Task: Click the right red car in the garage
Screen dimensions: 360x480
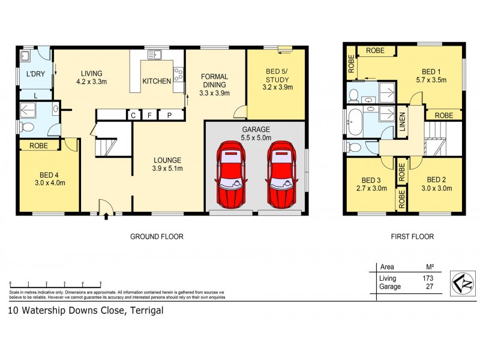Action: (281, 174)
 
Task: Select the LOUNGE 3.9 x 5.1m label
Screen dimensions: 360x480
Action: (167, 164)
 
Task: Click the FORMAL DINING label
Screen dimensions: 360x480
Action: (214, 80)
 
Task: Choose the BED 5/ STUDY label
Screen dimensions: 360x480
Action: (276, 79)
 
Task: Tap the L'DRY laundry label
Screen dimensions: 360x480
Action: (35, 74)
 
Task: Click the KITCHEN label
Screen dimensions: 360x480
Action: (157, 82)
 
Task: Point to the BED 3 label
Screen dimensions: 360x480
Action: (371, 184)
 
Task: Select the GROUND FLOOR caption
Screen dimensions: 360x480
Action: (157, 237)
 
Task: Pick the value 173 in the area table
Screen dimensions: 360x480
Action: (427, 278)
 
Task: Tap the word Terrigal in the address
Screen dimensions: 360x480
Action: (144, 311)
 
